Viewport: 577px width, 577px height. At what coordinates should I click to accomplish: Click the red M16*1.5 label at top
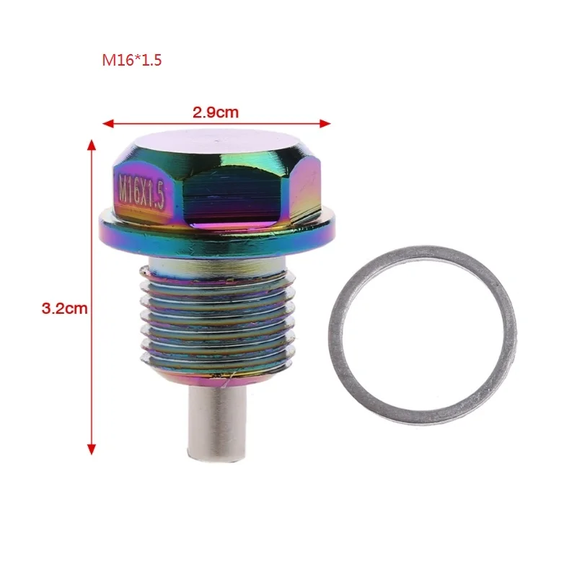tap(132, 60)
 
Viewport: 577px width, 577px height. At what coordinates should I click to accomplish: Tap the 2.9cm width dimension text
tap(216, 113)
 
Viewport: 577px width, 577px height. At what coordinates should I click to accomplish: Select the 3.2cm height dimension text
tap(64, 308)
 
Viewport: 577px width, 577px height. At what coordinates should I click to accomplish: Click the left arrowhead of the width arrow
tap(107, 123)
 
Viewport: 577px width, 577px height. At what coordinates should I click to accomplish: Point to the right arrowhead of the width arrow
tap(325, 123)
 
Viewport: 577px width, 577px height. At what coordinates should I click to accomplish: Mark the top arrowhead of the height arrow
tap(92, 145)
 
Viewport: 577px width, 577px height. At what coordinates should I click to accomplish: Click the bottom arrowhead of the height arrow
tap(92, 449)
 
